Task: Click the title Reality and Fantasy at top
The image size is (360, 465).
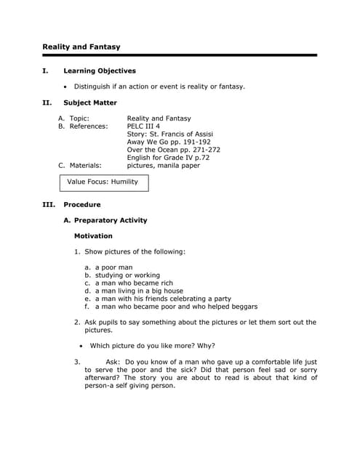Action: (81, 47)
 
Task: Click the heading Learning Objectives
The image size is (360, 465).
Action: (100, 71)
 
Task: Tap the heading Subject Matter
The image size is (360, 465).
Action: (90, 102)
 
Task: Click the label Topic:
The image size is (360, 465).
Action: (79, 118)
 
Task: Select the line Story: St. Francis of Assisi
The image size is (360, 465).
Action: (169, 134)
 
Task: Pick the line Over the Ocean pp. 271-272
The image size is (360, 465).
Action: (173, 150)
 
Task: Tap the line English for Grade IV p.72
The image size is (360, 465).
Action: (168, 158)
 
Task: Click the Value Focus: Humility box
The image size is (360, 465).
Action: (103, 182)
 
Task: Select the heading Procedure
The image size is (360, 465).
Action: (82, 205)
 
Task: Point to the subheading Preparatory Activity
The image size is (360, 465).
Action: (110, 220)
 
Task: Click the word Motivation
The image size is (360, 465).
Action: (93, 236)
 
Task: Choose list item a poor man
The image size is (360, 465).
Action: (113, 267)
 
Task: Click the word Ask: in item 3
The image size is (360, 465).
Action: (113, 362)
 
